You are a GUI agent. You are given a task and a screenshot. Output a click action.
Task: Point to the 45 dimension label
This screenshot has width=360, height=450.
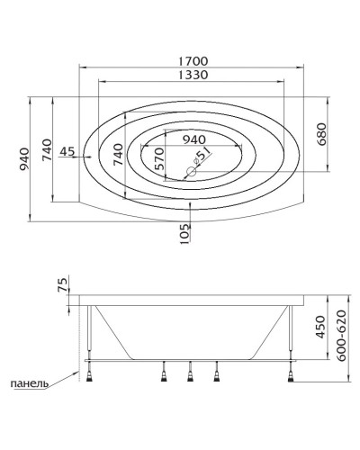tap(67, 152)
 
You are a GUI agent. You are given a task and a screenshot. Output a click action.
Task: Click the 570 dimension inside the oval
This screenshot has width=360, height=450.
tap(159, 158)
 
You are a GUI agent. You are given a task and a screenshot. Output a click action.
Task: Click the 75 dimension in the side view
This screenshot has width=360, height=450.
tap(62, 285)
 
